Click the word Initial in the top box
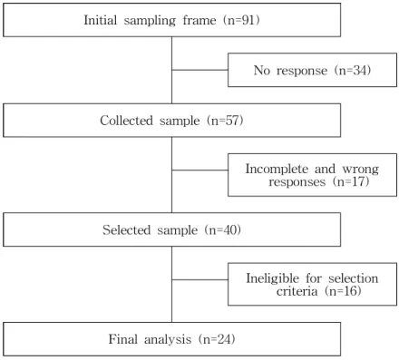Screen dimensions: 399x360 point(100,20)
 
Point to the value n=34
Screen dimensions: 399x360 point(354,71)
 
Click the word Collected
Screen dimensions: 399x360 point(126,121)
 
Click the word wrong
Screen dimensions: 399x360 point(360,170)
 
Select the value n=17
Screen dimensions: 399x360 point(353,181)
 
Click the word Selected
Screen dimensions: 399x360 point(126,230)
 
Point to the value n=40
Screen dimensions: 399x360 point(224,230)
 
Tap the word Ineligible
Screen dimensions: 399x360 point(272,278)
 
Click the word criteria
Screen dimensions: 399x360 point(297,291)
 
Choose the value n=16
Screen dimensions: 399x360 point(345,291)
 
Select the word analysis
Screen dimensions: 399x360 point(168,340)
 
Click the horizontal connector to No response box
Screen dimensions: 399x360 point(199,70)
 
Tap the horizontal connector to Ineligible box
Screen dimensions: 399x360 point(199,279)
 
